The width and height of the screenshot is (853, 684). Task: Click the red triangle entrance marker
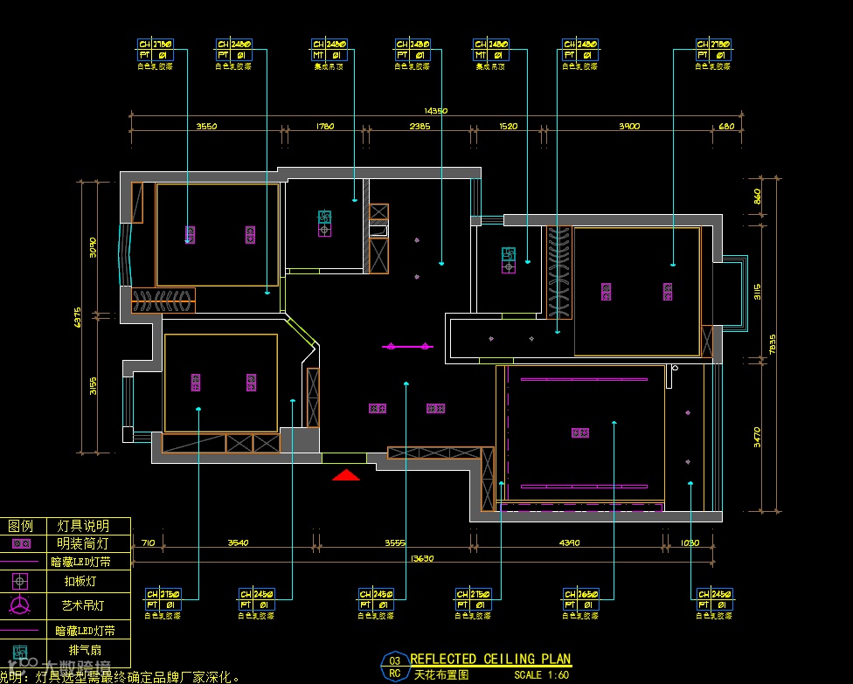pyautogui.click(x=346, y=475)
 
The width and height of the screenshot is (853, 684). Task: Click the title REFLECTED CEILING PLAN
pyautogui.click(x=490, y=660)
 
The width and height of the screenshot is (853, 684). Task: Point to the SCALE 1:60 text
pyautogui.click(x=542, y=675)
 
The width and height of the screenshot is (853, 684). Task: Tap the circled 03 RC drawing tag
pyautogui.click(x=395, y=667)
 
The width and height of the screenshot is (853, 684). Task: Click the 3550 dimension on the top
pyautogui.click(x=206, y=127)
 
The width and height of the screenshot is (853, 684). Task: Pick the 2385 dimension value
pyautogui.click(x=420, y=127)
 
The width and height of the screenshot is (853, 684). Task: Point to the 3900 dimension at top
pyautogui.click(x=629, y=127)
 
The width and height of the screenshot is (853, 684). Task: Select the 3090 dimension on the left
pyautogui.click(x=93, y=247)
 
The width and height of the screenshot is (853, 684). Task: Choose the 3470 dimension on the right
pyautogui.click(x=757, y=436)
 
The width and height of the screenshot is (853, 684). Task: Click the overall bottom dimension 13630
pyautogui.click(x=422, y=557)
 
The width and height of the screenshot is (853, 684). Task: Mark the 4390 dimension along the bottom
pyautogui.click(x=569, y=543)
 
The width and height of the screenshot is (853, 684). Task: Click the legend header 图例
pyautogui.click(x=20, y=526)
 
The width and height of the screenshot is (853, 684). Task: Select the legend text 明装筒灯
pyautogui.click(x=83, y=543)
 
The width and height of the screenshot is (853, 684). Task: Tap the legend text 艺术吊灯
pyautogui.click(x=83, y=605)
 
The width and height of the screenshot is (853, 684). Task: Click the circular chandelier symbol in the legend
pyautogui.click(x=20, y=605)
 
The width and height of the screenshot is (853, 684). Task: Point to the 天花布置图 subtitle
pyautogui.click(x=441, y=675)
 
